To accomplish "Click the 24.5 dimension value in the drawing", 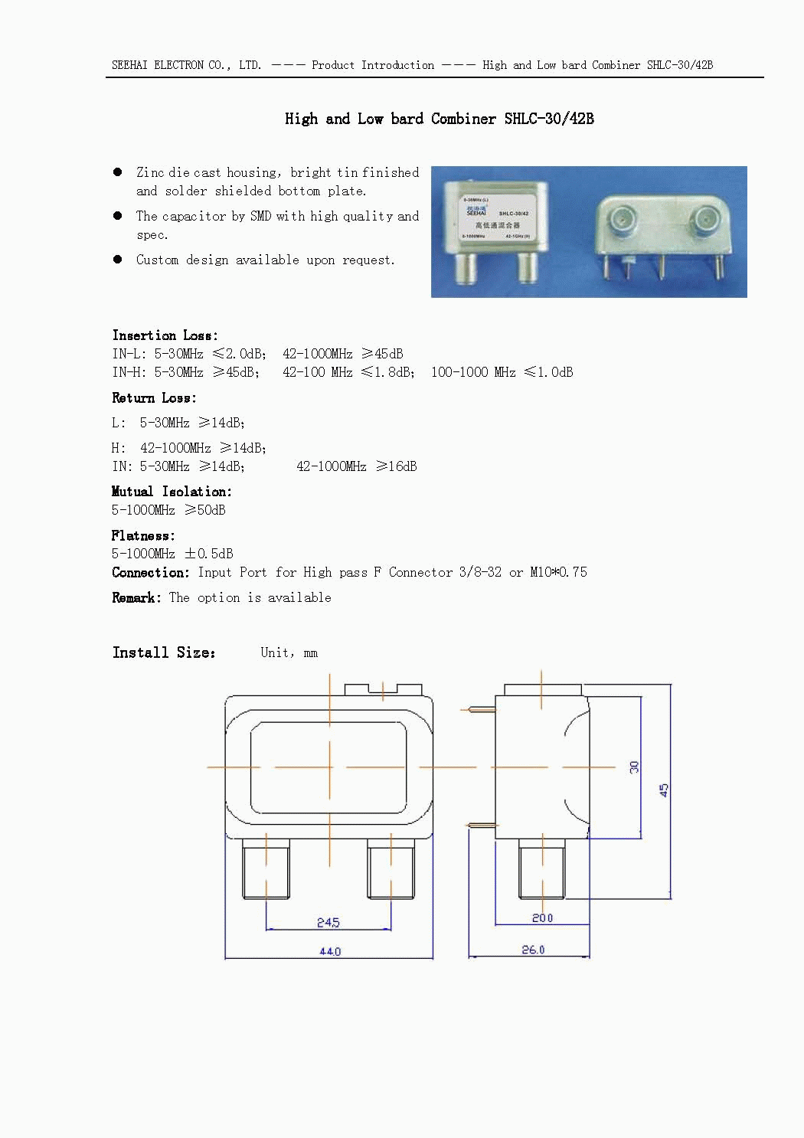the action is pos(328,921).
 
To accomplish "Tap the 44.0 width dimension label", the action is pos(330,951).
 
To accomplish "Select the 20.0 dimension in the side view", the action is pos(542,918).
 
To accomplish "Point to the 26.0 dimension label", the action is pos(533,950).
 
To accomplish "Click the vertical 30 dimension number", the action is pos(634,767).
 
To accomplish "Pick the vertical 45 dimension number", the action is pos(663,790).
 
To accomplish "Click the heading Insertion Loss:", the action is pos(165,335).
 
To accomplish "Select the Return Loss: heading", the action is pos(154,397).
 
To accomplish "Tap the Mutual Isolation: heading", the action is pos(172,492).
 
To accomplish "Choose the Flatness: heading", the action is pos(143,535).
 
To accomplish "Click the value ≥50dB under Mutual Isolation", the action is pos(205,509).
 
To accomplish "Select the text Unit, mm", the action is pos(289,652).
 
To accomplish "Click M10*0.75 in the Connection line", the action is pos(559,572).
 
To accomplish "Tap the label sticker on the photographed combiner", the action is pos(497,217).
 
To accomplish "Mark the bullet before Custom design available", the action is pos(118,259).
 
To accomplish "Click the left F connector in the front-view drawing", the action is pos(266,869).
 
